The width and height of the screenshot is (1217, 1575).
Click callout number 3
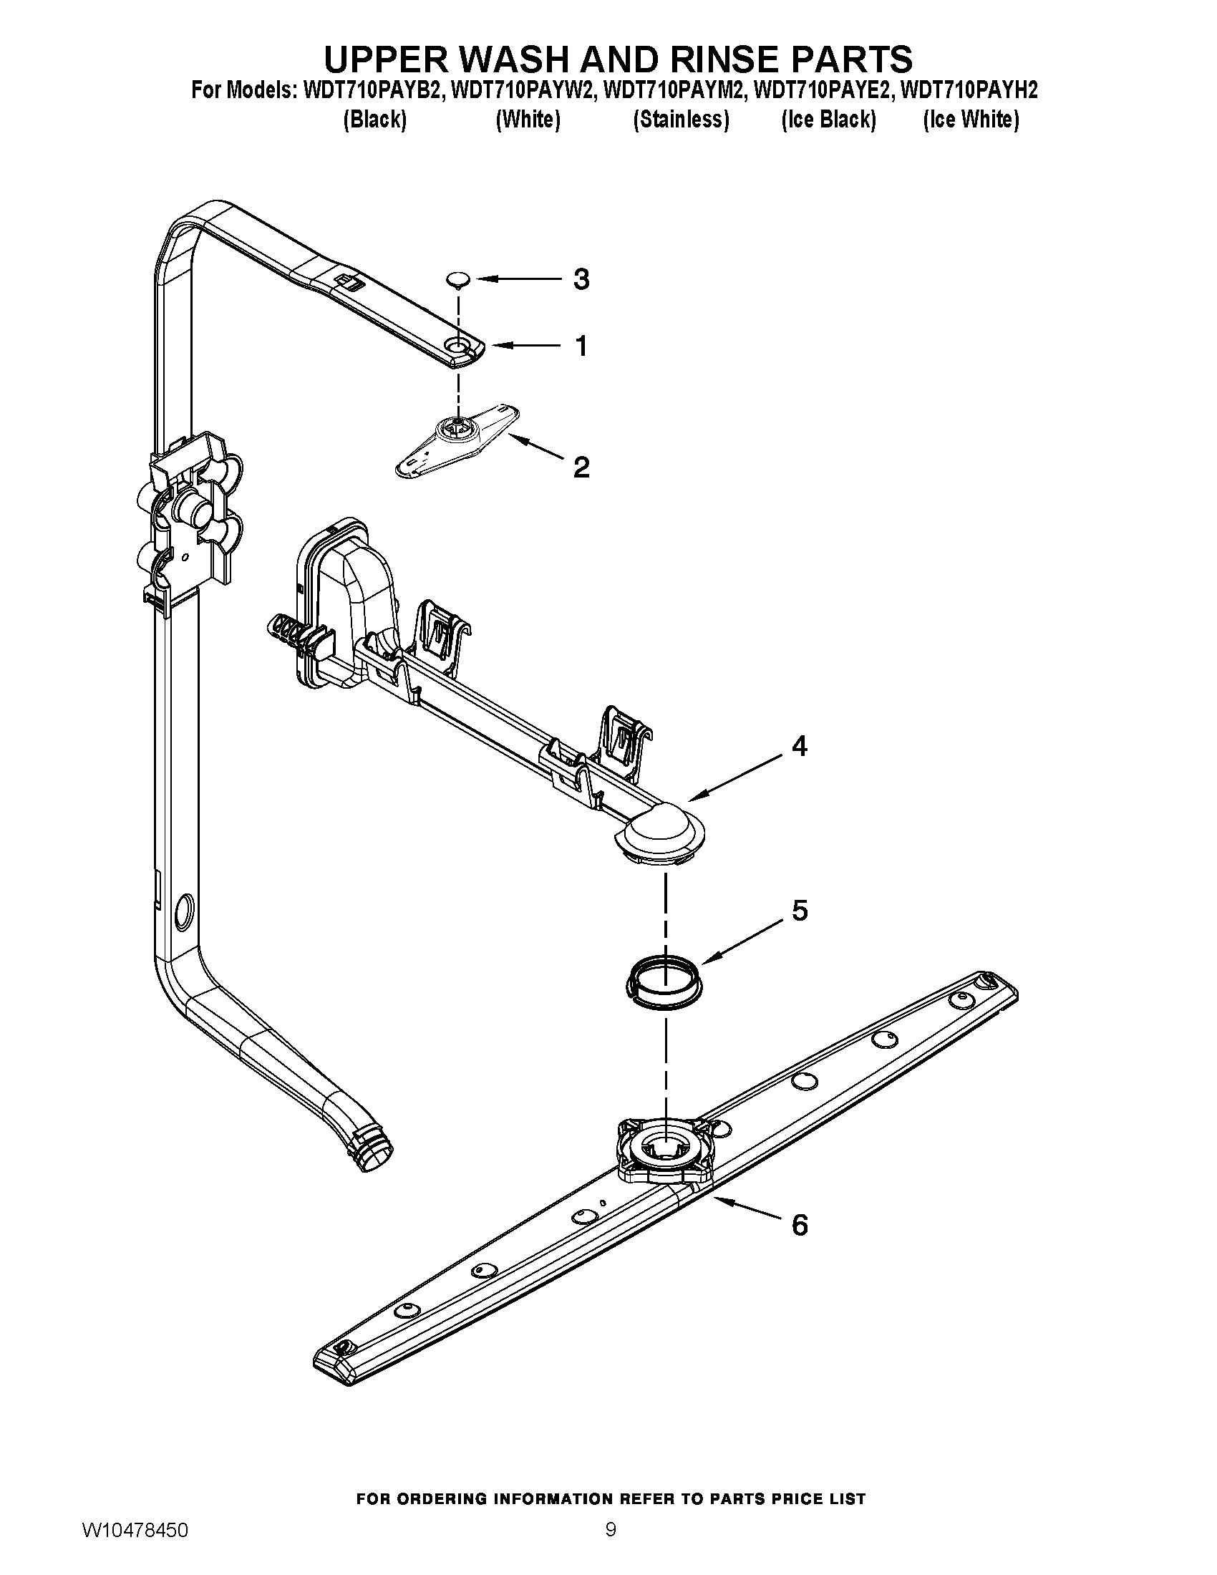tap(581, 279)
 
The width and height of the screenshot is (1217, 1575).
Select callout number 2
tap(581, 467)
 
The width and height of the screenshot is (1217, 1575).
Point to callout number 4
tap(800, 746)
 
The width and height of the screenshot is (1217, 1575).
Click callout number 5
tap(800, 911)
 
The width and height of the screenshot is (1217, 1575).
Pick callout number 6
tap(800, 1224)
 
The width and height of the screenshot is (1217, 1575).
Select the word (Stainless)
tap(681, 119)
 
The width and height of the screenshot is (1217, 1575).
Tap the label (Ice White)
tap(971, 119)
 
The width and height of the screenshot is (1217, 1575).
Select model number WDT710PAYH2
tap(969, 91)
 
